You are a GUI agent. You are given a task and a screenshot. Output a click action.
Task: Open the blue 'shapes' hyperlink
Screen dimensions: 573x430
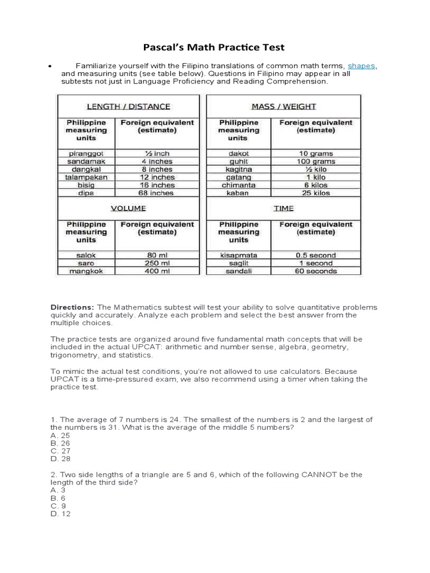coord(361,66)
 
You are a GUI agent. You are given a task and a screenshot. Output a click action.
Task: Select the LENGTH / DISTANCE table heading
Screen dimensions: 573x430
coord(128,106)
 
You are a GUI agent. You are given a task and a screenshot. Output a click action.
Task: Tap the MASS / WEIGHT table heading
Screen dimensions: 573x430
coord(283,106)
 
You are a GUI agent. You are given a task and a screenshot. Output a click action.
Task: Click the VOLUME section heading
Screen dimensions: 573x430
coord(128,208)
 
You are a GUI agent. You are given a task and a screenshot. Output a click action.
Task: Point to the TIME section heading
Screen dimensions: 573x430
coord(283,208)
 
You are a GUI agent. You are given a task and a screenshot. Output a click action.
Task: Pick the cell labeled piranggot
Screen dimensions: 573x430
coord(86,153)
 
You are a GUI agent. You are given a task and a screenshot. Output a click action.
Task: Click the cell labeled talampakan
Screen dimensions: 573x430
coord(86,177)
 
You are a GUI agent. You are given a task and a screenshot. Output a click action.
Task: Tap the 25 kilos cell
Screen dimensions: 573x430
coord(316,193)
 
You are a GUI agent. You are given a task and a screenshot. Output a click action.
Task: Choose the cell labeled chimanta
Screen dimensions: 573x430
coord(239,185)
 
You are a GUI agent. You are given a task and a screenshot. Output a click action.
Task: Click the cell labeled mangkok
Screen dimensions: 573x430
coord(86,271)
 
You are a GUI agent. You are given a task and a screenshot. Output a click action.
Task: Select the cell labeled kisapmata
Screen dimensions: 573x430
coord(239,255)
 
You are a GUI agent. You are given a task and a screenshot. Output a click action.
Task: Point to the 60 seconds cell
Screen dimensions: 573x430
coord(316,271)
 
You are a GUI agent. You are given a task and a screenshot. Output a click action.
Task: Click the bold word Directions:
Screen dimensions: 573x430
coord(73,308)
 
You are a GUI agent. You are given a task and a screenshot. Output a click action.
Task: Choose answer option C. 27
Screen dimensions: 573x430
coord(60,451)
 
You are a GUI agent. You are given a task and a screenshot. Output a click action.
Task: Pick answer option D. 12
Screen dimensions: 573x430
coord(60,514)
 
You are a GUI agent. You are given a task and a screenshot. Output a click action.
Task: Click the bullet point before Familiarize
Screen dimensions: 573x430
coord(50,67)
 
